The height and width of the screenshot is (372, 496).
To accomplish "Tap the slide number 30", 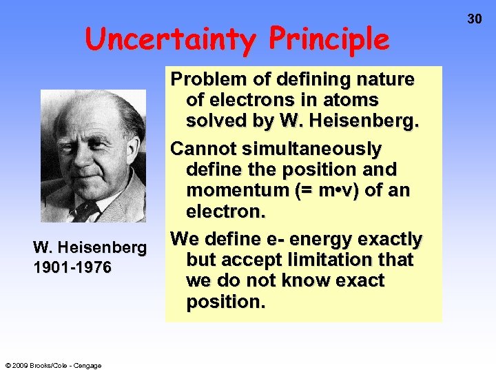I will click(x=475, y=19).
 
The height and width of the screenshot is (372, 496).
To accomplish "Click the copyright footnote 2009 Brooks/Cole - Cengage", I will click(x=53, y=365).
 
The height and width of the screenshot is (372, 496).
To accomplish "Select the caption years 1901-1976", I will click(x=72, y=267).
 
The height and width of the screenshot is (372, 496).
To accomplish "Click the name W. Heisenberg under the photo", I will click(x=90, y=247).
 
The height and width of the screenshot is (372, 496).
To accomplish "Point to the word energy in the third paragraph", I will click(x=320, y=240).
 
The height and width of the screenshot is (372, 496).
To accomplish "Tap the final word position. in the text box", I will click(x=225, y=302).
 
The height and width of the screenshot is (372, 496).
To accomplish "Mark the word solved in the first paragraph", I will click(x=219, y=121).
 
